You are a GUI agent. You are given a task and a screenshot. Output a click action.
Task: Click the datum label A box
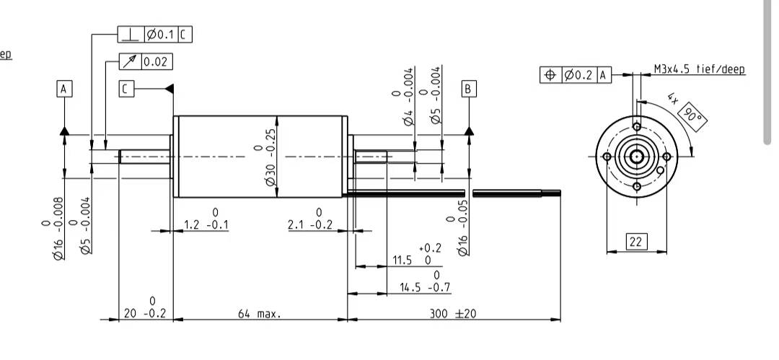pos(64,89)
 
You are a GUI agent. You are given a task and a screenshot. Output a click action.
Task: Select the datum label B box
pos(469,89)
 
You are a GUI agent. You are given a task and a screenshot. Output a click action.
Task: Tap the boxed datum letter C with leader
pos(126,89)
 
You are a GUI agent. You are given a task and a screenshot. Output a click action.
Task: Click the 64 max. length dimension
pos(260,314)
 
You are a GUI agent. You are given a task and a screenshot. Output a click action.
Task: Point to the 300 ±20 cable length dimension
pos(452,314)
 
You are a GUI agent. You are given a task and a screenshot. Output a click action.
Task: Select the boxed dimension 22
pos(636,242)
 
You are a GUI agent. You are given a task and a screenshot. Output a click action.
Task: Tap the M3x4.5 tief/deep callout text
pos(700,69)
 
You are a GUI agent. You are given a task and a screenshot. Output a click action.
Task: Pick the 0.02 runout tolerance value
pos(157,62)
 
